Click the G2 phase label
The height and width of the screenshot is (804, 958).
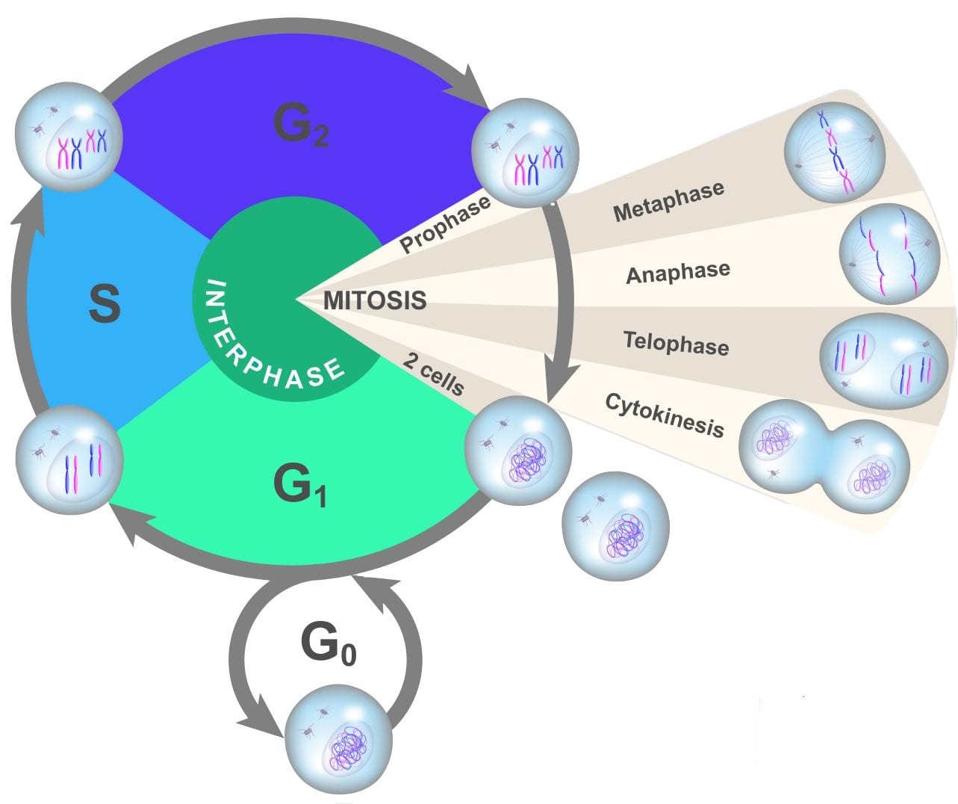coord(301,125)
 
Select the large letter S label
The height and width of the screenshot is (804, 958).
coord(105,304)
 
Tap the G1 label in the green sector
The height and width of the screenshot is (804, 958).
coord(299,486)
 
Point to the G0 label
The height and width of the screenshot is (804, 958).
coord(328,644)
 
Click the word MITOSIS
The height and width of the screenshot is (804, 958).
coord(375,300)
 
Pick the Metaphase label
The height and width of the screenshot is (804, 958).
coord(668,200)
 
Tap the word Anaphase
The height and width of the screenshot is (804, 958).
coord(677,273)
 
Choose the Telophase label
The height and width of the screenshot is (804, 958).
coord(676,343)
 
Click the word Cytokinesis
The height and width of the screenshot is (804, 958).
coord(664,414)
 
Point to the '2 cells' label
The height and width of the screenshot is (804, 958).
coord(433,373)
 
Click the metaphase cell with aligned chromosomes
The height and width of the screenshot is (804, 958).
coord(835,152)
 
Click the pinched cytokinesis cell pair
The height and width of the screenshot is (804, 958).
coord(824,455)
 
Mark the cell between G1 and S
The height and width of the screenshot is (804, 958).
coord(69,458)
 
